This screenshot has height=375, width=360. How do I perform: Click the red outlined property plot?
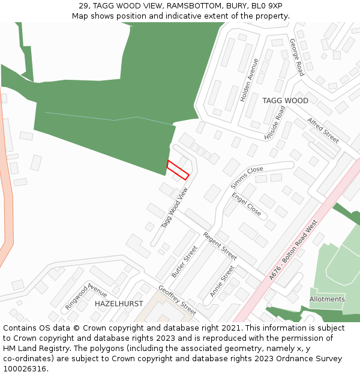tap(178, 170)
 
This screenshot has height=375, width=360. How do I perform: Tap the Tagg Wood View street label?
tap(175, 208)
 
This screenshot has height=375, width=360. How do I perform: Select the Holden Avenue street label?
tap(249, 79)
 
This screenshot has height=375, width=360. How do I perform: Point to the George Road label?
tap(296, 57)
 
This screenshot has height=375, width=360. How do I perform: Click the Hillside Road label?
tap(275, 124)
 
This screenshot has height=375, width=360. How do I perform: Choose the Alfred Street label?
tap(323, 130)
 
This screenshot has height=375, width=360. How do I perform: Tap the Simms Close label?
tap(247, 178)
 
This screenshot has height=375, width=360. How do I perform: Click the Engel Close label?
tap(247, 204)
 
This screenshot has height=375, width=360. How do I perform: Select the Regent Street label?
tap(220, 245)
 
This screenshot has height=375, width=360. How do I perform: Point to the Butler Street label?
tap(184, 262)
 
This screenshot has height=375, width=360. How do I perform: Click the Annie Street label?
tap(221, 281)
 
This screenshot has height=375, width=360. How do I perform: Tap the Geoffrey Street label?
tap(177, 299)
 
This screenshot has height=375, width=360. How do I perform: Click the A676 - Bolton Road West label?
tap(293, 250)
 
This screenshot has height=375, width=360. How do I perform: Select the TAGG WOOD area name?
tap(285, 101)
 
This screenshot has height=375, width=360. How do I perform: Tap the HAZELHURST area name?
tap(119, 304)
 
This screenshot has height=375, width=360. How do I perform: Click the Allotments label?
tap(327, 299)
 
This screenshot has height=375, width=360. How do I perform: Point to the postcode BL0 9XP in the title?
tap(266, 6)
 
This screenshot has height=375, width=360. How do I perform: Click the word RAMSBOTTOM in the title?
tap(192, 6)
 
